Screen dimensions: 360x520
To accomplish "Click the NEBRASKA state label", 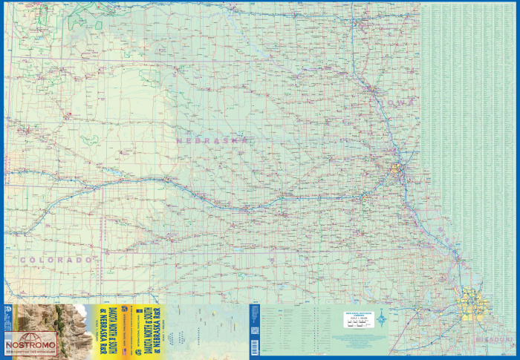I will pos(211,139).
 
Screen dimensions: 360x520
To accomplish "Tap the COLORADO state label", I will pos(58,260).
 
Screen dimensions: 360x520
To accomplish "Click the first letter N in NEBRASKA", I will pos(179,139).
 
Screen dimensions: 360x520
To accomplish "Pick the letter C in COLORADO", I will pos(24,260).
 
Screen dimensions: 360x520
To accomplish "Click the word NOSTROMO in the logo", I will pos(30,344).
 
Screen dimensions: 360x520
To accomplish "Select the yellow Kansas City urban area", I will pos(474,304).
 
